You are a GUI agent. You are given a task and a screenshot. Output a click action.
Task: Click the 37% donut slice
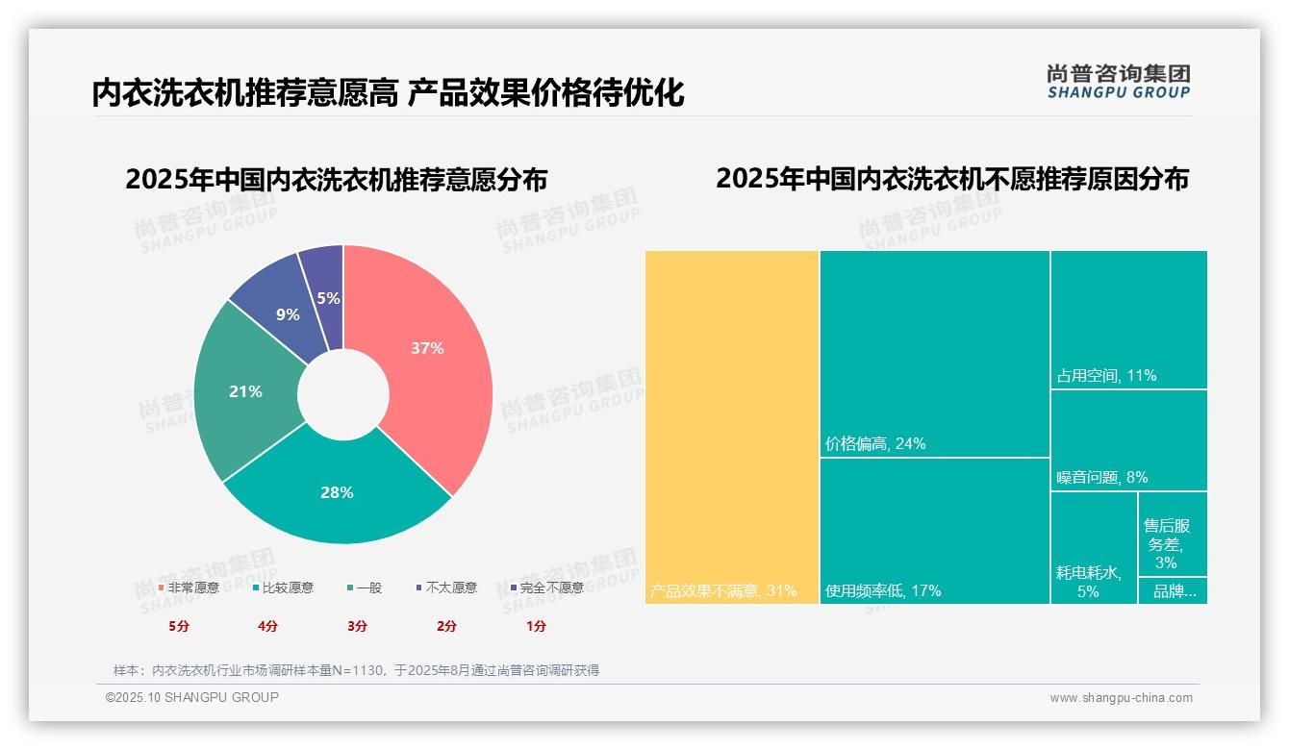coord(428,351)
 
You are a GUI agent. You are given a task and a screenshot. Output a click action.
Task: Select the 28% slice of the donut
coord(337,493)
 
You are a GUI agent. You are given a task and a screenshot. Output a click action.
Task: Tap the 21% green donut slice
coord(245,391)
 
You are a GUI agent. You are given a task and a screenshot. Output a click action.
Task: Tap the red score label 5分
coord(179,626)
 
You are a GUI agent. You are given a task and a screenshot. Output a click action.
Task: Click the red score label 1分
coord(536,626)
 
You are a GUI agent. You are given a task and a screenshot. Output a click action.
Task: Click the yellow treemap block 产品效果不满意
coord(731,427)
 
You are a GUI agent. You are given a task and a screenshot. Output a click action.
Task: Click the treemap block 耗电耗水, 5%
coord(1094,547)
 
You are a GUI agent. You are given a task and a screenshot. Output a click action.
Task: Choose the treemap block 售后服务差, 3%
coord(1173,534)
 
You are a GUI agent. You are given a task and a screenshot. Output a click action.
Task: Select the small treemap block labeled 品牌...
coord(1173,591)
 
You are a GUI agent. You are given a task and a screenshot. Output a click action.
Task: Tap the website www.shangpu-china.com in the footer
coord(1121,698)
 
